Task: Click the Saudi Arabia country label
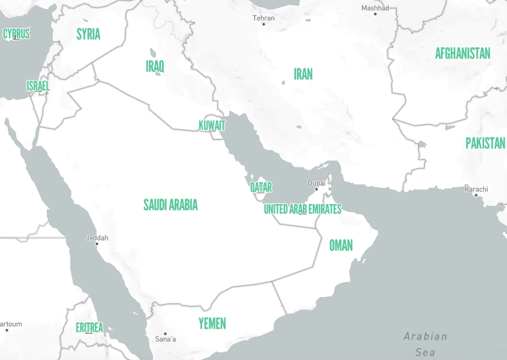170,205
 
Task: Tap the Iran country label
303,74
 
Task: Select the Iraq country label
155,66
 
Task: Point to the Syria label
88,34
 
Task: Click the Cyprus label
16,34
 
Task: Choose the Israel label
38,86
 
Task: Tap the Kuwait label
212,125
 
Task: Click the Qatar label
261,187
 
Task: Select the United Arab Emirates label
302,209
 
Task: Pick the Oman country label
341,245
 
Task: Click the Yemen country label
212,323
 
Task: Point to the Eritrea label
89,328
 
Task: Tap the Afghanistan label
463,53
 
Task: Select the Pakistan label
485,143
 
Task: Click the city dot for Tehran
263,25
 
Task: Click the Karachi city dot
476,195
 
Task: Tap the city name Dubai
317,182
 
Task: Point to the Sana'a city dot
165,334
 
